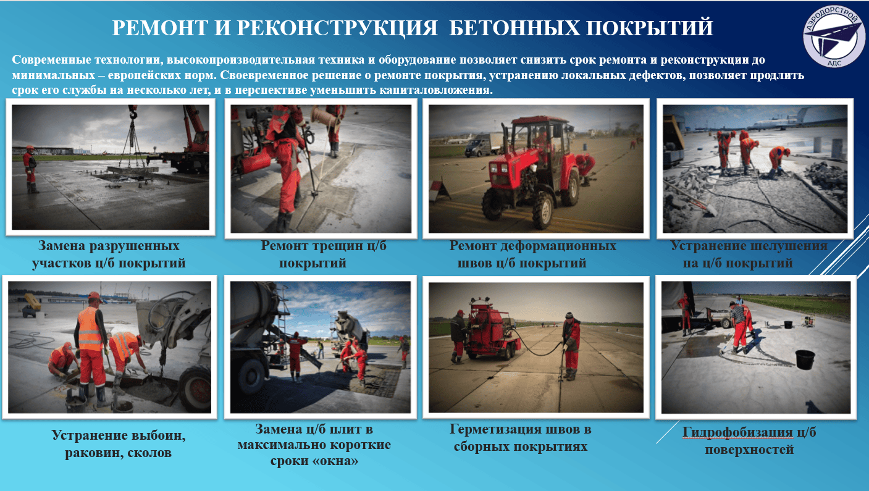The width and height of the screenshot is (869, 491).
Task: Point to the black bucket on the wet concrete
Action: [x=805, y=359]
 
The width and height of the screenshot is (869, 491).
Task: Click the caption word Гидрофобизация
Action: [x=737, y=432]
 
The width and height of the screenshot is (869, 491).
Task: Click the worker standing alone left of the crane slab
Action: [x=30, y=169]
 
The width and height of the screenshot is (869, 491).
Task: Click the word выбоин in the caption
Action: [x=159, y=435]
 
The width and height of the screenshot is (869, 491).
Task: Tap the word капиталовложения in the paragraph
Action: [x=435, y=90]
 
